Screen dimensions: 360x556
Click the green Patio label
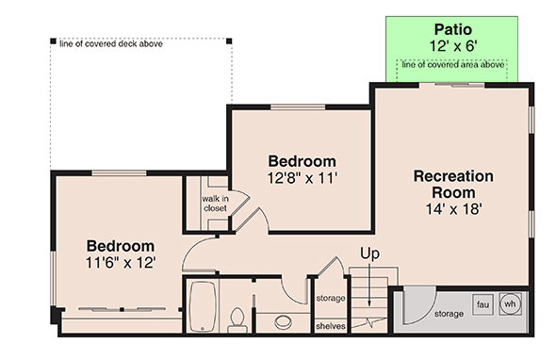[x=451, y=29]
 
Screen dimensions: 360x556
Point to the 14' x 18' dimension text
[x=452, y=209]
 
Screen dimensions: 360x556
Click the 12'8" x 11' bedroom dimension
[x=302, y=177]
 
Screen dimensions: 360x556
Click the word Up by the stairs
[x=370, y=254]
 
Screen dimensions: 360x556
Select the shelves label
[x=330, y=327]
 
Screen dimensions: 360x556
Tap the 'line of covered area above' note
[x=451, y=64]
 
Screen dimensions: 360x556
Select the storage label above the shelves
[x=330, y=298]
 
